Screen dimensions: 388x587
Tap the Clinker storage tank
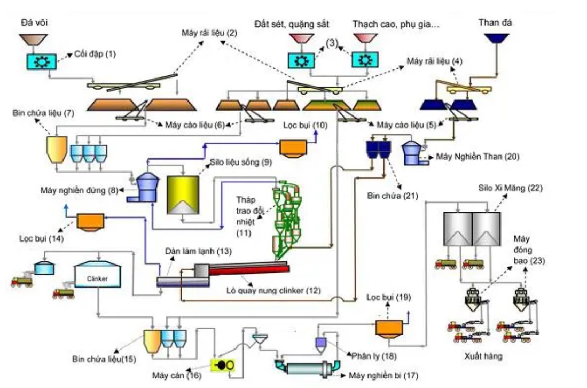pos(96,277)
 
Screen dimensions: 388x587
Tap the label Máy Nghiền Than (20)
pos(477,157)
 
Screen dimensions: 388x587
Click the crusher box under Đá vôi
pos(41,61)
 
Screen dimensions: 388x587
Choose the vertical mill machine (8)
pos(145,187)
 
